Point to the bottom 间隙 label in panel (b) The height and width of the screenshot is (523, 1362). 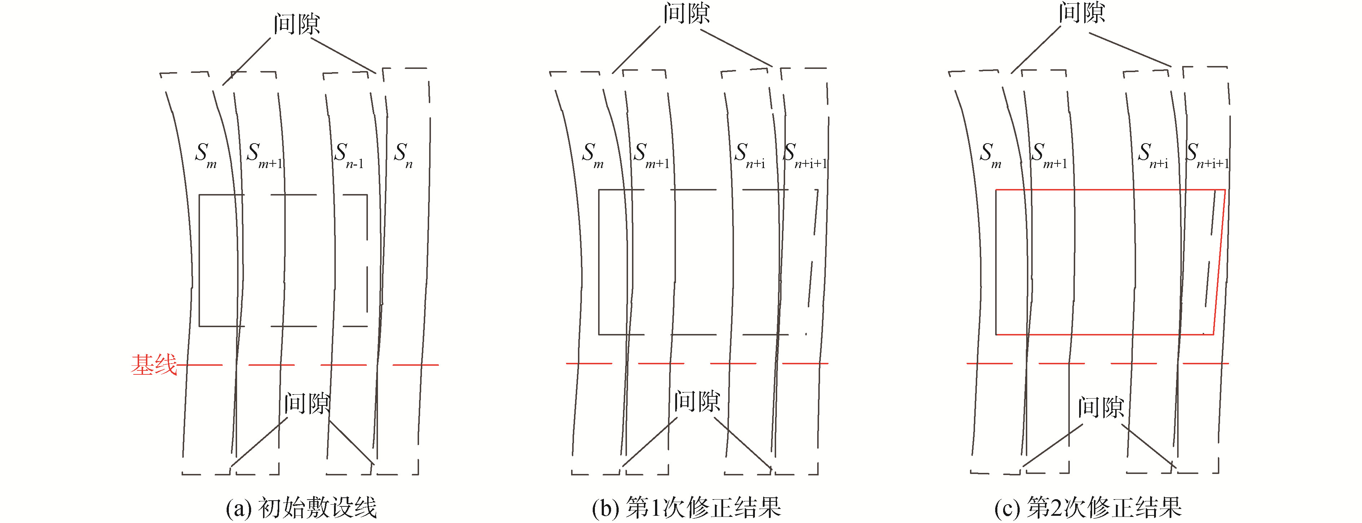(697, 401)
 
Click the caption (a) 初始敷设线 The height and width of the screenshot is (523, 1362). (301, 507)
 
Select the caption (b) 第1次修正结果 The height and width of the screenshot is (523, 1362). (686, 507)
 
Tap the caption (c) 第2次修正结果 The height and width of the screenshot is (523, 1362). (1088, 507)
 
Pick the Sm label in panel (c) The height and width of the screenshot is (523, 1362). (990, 155)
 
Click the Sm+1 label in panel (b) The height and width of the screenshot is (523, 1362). (651, 155)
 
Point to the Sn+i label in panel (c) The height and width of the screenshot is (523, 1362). (1153, 155)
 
